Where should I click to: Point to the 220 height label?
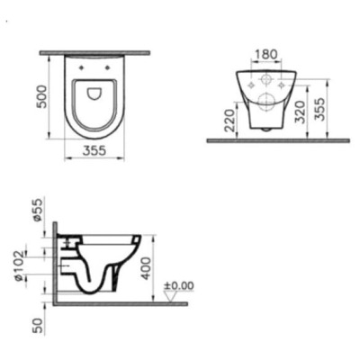tap(229, 120)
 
